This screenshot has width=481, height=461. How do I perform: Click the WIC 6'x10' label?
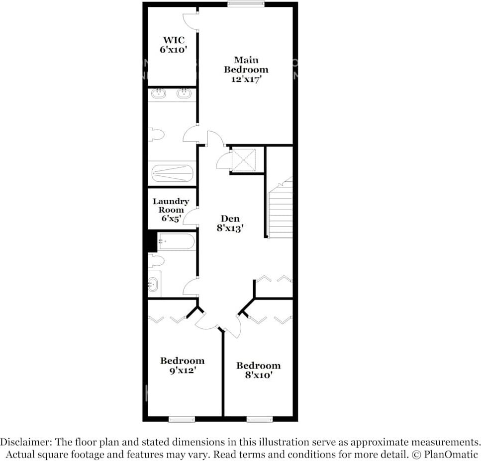click(173, 45)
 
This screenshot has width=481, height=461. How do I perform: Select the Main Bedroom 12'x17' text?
click(246, 69)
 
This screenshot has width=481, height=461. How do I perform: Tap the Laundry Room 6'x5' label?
click(171, 210)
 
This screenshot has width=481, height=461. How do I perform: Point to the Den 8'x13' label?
click(230, 223)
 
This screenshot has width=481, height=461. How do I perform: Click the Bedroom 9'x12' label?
click(182, 365)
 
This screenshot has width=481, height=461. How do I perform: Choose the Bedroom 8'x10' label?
click(258, 370)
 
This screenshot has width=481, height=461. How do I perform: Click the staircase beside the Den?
click(280, 209)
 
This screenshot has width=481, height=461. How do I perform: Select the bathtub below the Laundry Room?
click(176, 242)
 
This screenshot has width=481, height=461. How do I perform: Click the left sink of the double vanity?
click(160, 93)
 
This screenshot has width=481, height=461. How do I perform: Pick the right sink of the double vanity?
click(184, 93)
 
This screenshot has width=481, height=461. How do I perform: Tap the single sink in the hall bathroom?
click(154, 285)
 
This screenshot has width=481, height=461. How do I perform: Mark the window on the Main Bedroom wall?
click(246, 4)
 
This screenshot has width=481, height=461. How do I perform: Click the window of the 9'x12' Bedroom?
click(182, 419)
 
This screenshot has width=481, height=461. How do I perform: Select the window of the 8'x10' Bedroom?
click(259, 419)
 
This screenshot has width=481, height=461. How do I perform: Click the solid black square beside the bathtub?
click(152, 242)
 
